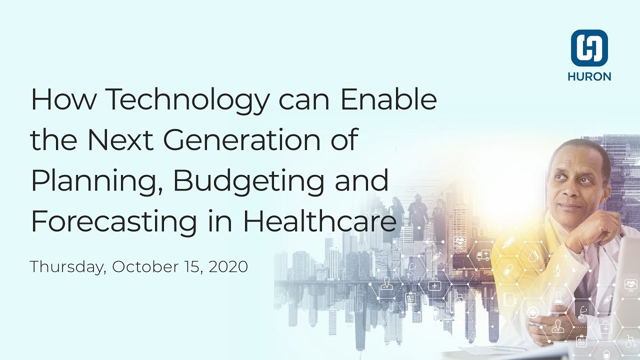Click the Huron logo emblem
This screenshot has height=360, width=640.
(589, 48)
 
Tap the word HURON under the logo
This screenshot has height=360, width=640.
(589, 76)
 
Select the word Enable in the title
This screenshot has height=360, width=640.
(388, 100)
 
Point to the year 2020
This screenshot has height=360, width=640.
(228, 266)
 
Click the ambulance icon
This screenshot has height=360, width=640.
(483, 256)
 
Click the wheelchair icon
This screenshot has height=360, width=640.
(629, 342)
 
